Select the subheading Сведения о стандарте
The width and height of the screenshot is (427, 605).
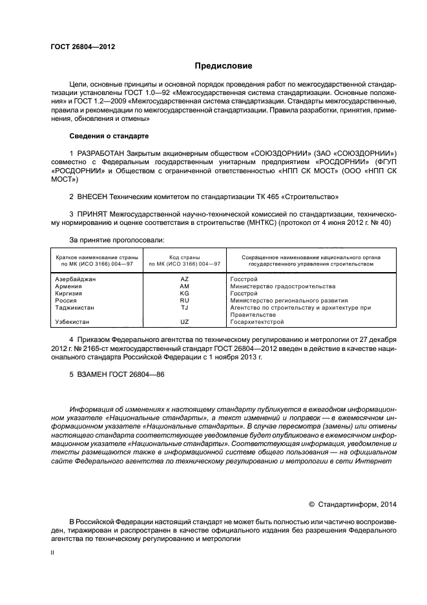(x=109, y=136)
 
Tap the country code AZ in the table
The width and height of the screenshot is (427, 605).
(x=184, y=279)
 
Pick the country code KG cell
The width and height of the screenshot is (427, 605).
(x=184, y=293)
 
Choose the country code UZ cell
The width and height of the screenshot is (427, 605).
(x=184, y=321)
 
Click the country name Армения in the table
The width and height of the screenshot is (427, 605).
(x=68, y=286)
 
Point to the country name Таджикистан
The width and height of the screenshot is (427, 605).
(x=75, y=307)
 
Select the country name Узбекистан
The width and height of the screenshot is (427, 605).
(x=72, y=321)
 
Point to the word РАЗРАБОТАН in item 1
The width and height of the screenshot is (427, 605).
(x=102, y=151)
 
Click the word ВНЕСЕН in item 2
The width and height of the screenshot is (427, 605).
(x=92, y=195)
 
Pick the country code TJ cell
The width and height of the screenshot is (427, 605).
(x=184, y=307)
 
